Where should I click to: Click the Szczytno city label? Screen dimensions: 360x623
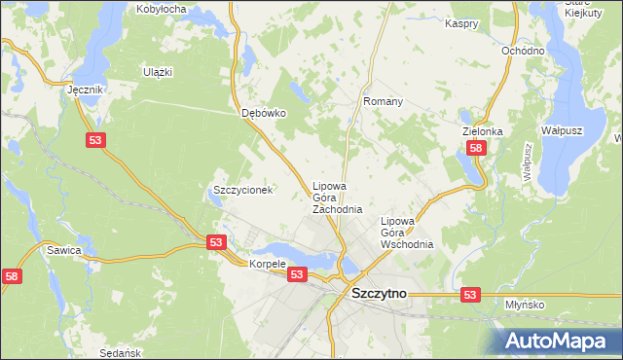point(379,292)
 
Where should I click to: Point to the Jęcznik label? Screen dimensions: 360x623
point(85,89)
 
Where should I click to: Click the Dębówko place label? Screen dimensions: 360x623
point(264,113)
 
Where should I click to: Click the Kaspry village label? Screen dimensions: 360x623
point(462,22)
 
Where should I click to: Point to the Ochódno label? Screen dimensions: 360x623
point(521,51)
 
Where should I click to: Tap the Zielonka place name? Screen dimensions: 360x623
point(482,131)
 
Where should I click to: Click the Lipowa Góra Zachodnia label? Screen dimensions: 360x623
point(337,198)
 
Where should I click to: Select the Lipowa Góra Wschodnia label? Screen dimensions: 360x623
point(406,233)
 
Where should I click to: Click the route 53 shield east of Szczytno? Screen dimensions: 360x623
point(470,294)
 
